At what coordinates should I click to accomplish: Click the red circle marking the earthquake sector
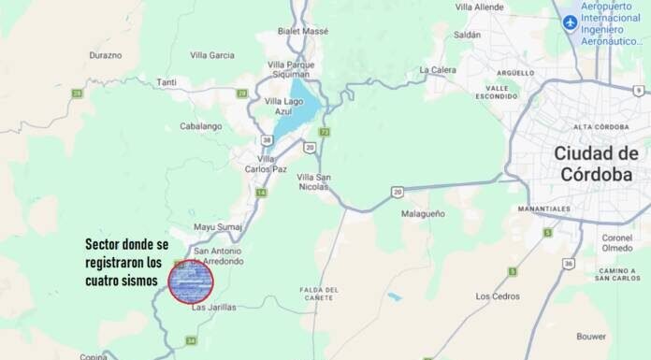(191, 280)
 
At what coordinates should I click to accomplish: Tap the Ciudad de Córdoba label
(596, 164)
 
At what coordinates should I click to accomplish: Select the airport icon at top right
(570, 22)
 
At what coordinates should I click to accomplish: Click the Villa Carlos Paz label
(266, 164)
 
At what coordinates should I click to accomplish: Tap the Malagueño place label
(423, 213)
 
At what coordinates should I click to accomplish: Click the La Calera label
(437, 69)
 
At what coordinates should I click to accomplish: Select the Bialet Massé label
(303, 31)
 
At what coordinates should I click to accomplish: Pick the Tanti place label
(166, 82)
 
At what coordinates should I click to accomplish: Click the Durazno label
(105, 55)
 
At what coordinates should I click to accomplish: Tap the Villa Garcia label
(212, 55)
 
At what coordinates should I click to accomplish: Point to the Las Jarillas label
(214, 307)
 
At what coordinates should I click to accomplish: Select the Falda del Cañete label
(318, 295)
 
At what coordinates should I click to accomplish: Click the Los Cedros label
(497, 295)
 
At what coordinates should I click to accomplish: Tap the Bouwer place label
(591, 335)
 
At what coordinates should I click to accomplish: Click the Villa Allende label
(479, 7)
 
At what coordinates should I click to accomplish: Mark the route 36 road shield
(569, 264)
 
